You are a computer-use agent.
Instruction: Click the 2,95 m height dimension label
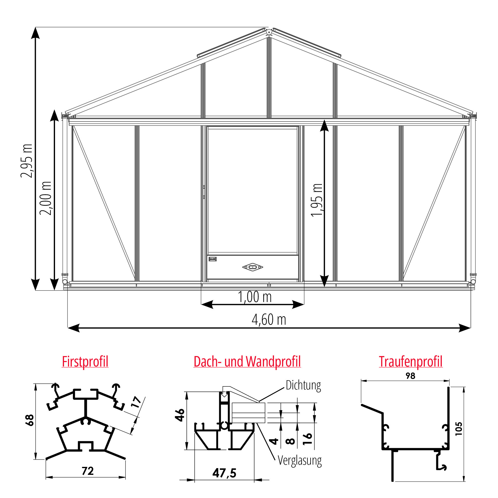(27, 161)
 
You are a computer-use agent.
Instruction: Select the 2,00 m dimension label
(45, 198)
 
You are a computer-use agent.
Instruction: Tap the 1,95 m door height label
(317, 200)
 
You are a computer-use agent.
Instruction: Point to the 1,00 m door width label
(255, 297)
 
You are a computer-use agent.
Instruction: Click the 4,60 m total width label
(269, 320)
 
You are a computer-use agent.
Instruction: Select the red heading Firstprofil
(85, 362)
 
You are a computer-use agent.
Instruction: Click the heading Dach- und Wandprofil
(247, 362)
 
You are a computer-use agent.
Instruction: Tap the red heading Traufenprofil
(411, 362)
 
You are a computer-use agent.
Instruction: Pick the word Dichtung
(303, 385)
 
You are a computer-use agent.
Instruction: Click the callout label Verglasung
(300, 460)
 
